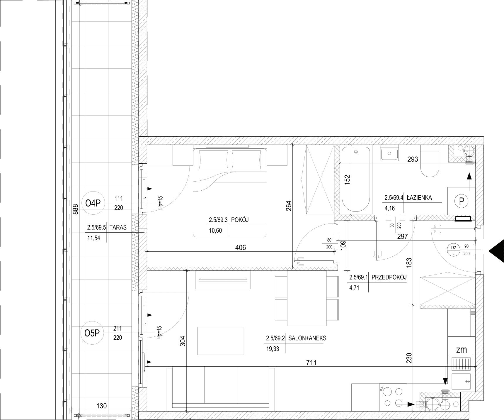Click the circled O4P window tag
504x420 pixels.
[93, 203]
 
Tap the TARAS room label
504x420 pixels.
[118, 227]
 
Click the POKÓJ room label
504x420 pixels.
[240, 220]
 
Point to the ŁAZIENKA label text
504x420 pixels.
[419, 198]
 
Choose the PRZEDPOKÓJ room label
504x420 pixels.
[389, 277]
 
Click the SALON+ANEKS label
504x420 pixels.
[307, 338]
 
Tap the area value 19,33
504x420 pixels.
[273, 349]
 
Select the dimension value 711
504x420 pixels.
[311, 363]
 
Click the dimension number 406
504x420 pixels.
[241, 248]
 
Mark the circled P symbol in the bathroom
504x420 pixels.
[462, 201]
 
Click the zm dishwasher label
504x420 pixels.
[461, 350]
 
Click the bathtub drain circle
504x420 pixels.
[356, 152]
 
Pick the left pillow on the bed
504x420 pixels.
[213, 160]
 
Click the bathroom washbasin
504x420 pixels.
[389, 154]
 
